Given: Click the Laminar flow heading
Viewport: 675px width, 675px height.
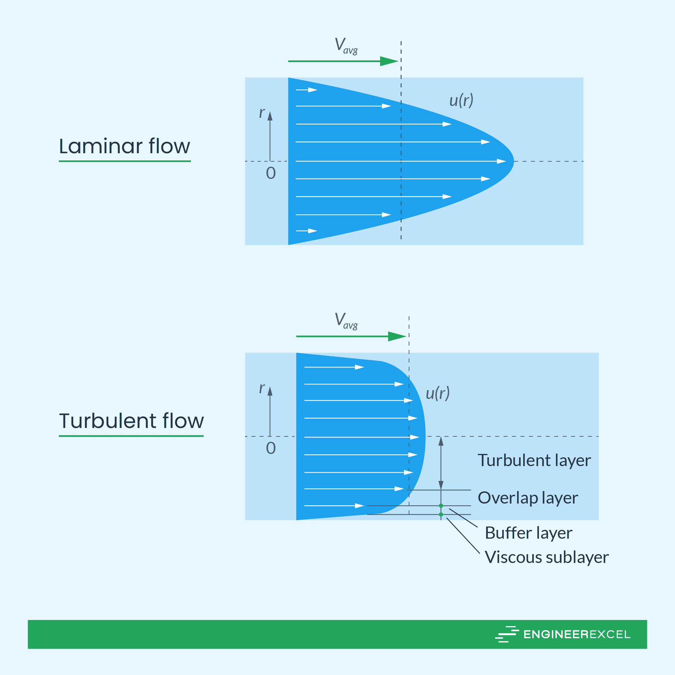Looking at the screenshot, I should [125, 146].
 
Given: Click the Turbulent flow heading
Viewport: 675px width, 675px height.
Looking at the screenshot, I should [131, 421].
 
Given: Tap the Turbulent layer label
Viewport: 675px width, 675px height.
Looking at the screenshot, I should [534, 460].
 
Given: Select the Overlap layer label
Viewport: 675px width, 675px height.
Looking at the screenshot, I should [528, 497].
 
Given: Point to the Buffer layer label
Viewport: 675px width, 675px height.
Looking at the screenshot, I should [528, 533].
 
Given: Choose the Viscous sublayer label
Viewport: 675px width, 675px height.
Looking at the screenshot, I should [546, 557].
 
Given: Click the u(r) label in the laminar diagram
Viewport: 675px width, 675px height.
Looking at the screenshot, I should [461, 101].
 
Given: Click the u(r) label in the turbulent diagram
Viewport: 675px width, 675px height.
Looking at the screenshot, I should [437, 394].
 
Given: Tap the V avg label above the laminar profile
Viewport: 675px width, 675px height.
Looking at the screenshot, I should [346, 46].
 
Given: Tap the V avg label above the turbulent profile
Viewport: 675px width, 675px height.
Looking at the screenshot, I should [346, 321].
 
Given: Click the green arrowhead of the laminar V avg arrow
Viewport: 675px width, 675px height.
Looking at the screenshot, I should [390, 61].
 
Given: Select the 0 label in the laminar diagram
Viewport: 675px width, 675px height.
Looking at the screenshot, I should [271, 173].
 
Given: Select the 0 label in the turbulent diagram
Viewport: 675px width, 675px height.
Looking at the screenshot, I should [271, 448].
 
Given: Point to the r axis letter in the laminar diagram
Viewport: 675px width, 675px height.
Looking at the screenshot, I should [262, 112].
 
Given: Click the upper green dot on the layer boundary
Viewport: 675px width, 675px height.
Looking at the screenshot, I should [441, 506].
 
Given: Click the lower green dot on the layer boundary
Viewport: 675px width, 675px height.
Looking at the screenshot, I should [441, 514].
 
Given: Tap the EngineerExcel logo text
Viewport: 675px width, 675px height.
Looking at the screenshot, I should [576, 634].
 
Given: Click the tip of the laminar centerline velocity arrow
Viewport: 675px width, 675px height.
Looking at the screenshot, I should [505, 161].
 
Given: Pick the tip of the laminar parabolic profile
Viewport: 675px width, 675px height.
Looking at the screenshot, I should [514, 161].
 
